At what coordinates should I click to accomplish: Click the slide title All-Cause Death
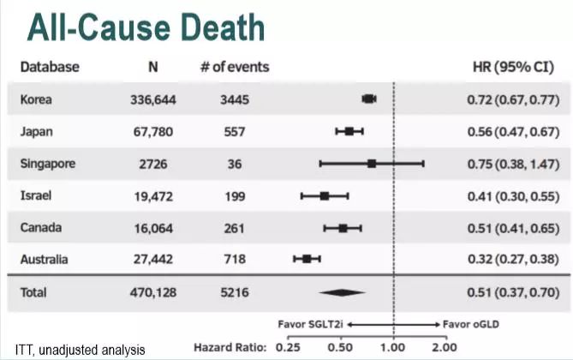(x=146, y=27)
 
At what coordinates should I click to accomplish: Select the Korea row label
(x=36, y=99)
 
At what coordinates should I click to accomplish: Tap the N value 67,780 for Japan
(x=155, y=131)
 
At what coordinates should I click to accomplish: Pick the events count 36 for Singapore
(x=234, y=164)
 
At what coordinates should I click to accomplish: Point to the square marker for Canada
(x=343, y=228)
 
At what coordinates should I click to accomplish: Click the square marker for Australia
(x=307, y=259)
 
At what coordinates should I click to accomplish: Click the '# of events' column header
(x=234, y=66)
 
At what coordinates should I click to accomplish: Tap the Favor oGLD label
(x=470, y=325)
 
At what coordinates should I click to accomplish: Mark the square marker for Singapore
(x=372, y=163)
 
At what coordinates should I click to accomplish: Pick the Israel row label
(x=36, y=195)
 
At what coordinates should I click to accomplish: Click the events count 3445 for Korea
(x=234, y=99)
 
